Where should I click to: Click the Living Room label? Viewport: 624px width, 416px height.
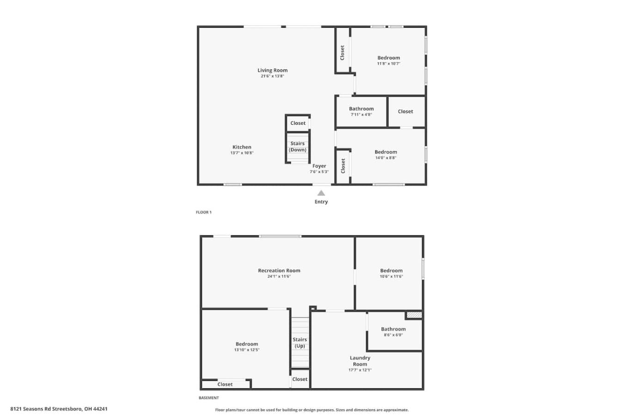(272, 71)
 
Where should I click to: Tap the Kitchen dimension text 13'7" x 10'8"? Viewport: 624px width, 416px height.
(242, 153)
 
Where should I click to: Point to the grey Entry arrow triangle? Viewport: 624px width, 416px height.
(321, 193)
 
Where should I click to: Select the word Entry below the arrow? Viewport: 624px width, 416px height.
(321, 202)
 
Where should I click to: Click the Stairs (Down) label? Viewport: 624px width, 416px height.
(298, 147)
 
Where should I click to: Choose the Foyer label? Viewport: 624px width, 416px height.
(319, 166)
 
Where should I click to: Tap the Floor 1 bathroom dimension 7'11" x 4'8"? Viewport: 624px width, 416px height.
(361, 115)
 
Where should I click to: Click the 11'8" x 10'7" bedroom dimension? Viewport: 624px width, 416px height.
(389, 63)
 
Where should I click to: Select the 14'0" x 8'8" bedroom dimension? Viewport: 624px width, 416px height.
(386, 158)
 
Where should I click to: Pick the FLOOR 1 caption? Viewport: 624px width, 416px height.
(204, 212)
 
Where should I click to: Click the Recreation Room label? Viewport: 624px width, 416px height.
(279, 270)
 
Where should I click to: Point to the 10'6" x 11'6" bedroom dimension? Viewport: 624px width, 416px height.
(392, 276)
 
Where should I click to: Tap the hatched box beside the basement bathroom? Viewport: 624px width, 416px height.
(414, 315)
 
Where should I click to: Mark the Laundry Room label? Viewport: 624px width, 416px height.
(360, 361)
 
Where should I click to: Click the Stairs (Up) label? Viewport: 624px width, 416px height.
(300, 343)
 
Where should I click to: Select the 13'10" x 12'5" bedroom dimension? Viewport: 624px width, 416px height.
(247, 350)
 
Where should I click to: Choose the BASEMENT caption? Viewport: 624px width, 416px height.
(208, 398)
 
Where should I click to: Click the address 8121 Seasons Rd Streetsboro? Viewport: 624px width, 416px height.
(46, 409)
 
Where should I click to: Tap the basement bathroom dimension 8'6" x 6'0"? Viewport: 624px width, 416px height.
(393, 335)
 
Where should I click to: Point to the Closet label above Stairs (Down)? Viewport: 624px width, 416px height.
(298, 123)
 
